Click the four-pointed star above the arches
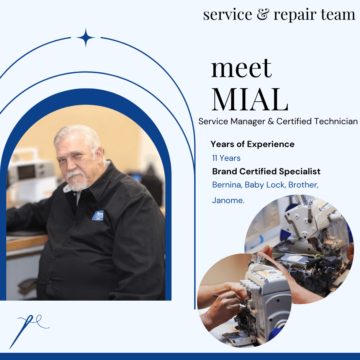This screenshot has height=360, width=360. click(86, 37)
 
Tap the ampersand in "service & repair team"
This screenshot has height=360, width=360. click(263, 15)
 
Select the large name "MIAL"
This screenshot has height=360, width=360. click(250, 100)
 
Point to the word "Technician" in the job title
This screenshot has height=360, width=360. click(336, 121)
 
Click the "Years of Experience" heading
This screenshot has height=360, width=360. click(252, 144)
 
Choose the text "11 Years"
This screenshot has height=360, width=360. click(226, 158)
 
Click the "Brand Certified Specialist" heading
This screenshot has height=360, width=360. click(266, 171)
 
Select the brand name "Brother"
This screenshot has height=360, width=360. click(303, 185)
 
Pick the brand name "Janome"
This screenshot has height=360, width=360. click(228, 200)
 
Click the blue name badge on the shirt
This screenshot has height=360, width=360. click(98, 216)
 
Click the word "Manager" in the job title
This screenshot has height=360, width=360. click(248, 122)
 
